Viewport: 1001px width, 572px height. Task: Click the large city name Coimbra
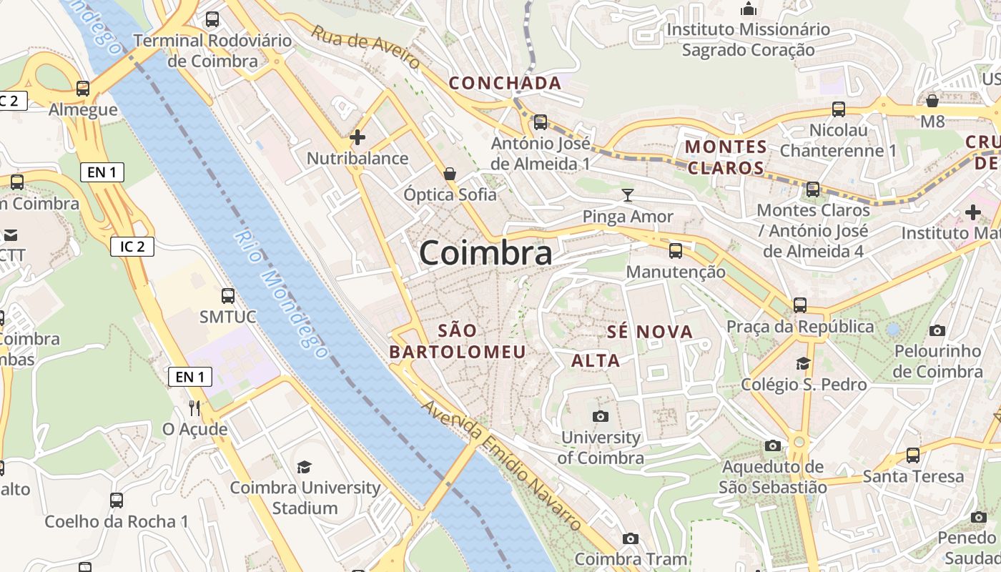click(485, 253)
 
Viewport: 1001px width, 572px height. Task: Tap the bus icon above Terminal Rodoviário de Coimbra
click(212, 19)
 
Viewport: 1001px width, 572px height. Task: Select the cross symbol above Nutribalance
click(357, 137)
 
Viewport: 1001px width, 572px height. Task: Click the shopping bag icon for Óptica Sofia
click(450, 173)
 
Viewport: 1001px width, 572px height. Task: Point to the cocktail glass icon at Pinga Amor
click(628, 195)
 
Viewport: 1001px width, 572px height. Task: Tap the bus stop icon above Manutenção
click(675, 251)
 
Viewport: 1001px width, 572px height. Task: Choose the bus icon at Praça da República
click(799, 305)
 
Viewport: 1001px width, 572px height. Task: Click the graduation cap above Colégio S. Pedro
click(804, 363)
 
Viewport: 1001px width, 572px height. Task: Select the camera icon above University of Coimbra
click(600, 416)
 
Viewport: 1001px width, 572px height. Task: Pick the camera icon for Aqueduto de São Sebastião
click(772, 446)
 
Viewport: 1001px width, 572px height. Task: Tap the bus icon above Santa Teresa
click(913, 455)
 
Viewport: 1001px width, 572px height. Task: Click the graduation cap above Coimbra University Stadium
click(305, 467)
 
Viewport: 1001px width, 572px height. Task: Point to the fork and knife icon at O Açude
click(194, 408)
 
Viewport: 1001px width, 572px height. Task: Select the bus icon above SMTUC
click(228, 295)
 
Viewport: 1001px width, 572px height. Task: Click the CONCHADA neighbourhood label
click(505, 83)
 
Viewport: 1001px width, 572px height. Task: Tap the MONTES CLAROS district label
click(726, 157)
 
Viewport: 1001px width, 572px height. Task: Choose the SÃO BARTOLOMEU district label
click(458, 341)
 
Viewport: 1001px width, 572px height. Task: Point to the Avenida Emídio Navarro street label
click(500, 465)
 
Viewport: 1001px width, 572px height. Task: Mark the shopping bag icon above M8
click(932, 101)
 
